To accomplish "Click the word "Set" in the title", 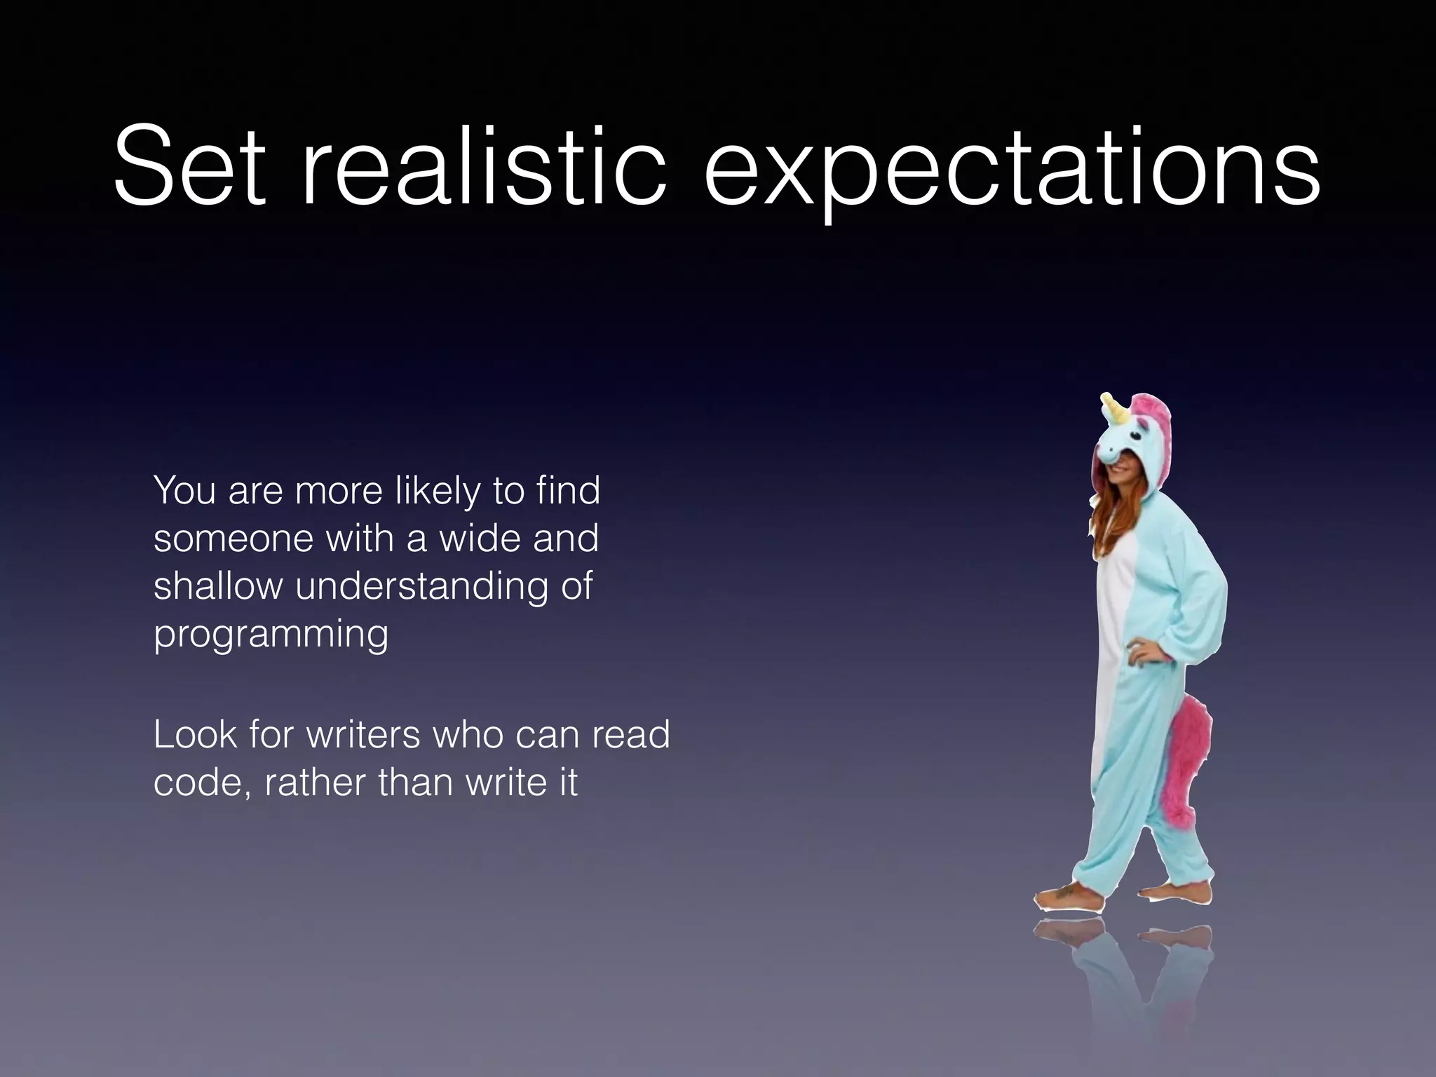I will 190,168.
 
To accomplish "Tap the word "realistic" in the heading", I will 484,168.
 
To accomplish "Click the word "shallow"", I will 217,585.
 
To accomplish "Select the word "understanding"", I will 421,587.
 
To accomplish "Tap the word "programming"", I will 271,635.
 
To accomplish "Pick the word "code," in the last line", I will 203,783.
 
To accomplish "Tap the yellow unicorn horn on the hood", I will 1116,410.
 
